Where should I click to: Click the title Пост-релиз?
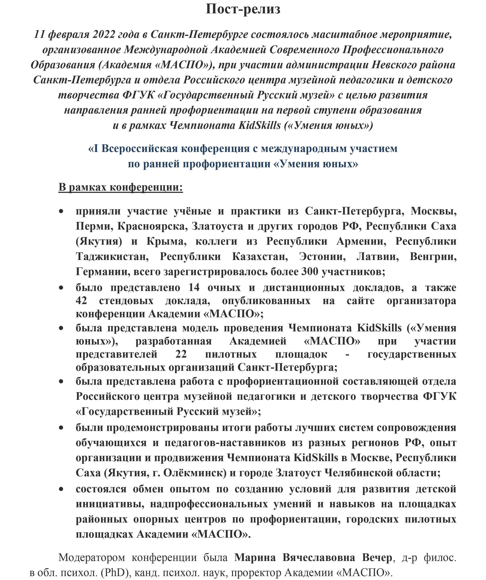pyautogui.click(x=243, y=9)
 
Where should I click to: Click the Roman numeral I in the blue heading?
pyautogui.click(x=96, y=149)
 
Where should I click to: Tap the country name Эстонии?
pyautogui.click(x=322, y=257)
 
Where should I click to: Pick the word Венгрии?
pyautogui.click(x=433, y=257)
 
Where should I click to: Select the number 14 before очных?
pyautogui.click(x=194, y=287)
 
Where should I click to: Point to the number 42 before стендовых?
pyautogui.click(x=81, y=301)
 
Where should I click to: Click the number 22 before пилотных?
pyautogui.click(x=181, y=354)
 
